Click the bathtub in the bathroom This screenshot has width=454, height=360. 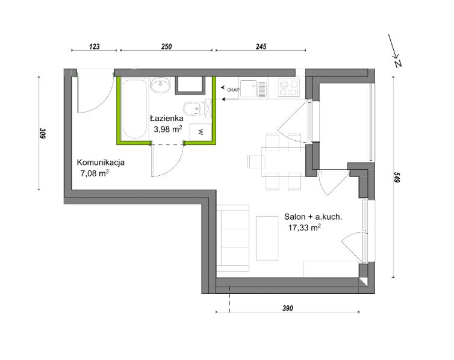135,108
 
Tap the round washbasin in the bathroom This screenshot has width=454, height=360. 160,85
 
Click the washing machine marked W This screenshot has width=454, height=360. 201,132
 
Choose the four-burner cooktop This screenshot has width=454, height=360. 289,88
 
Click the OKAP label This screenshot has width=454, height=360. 233,90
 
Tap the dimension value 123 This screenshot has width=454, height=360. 95,46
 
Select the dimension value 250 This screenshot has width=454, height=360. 166,46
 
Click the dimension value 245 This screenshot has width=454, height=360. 261,46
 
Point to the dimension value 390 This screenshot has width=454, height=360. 288,308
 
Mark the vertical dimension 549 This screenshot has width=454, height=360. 397,177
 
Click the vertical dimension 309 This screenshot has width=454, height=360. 43,133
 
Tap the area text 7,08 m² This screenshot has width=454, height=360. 95,173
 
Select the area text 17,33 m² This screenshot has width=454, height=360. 304,228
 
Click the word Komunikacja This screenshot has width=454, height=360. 101,163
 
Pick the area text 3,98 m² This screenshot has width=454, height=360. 168,129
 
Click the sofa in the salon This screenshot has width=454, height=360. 233,238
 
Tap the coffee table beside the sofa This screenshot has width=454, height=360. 267,238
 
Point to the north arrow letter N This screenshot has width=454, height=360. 398,63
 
